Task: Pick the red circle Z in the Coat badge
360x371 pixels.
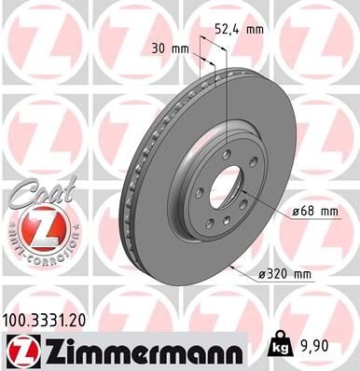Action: click(x=36, y=227)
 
